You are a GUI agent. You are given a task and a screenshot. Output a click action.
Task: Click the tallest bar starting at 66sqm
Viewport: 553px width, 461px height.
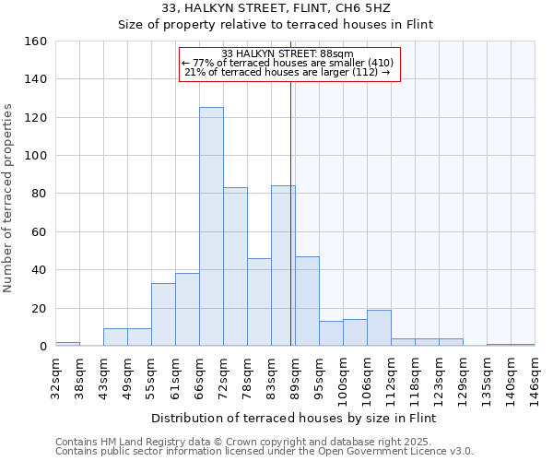[x=211, y=227]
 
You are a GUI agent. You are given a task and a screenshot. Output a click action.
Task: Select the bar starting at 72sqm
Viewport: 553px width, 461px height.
[x=235, y=266]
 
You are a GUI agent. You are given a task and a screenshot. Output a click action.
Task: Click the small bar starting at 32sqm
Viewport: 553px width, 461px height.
[x=67, y=344]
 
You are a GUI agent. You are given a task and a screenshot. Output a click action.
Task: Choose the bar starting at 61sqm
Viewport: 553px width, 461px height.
[x=187, y=310]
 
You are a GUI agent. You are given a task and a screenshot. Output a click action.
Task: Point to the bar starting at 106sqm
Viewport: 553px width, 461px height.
[x=379, y=328]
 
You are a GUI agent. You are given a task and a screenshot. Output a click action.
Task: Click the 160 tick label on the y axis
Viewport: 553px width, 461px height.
[x=35, y=41]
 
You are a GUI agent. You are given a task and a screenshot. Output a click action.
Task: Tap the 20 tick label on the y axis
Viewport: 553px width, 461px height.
[x=39, y=308]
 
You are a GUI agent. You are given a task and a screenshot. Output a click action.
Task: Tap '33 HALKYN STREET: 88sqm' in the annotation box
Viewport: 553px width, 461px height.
[x=288, y=54]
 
